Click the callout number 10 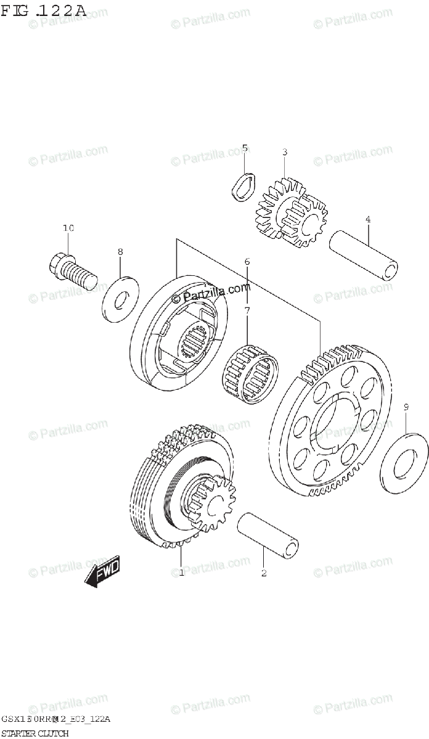68,228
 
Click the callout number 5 245,148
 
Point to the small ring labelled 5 243,187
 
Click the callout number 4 368,219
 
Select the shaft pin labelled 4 362,253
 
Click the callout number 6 247,262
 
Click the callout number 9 406,406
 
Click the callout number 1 181,573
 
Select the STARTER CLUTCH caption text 34,733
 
